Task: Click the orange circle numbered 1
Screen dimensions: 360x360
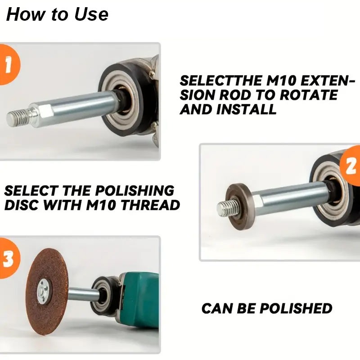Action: pos(9,65)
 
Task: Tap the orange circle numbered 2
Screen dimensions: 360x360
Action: pos(350,166)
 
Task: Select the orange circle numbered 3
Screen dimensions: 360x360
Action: pos(9,258)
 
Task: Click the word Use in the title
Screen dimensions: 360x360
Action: pos(91,14)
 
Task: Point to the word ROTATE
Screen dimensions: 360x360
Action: pos(309,95)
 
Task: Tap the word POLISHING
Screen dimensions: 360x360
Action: pos(135,191)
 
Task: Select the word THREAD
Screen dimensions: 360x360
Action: pos(150,205)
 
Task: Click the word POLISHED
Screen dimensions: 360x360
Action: pos(296,308)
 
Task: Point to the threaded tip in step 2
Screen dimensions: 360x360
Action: pos(226,208)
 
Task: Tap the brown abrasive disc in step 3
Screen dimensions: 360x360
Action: pos(47,291)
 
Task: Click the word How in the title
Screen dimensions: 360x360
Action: pos(26,14)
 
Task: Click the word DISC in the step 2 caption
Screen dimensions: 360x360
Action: pos(21,205)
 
